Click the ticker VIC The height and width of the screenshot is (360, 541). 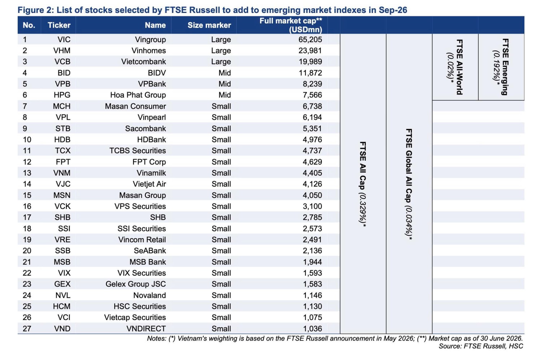[x=64, y=39]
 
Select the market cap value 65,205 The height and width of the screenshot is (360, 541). [x=310, y=39]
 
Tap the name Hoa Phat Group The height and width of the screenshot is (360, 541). [x=138, y=95]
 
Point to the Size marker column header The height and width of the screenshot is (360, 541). [x=209, y=25]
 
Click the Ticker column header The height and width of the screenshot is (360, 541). [x=59, y=25]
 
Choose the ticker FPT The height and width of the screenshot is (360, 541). [x=63, y=162]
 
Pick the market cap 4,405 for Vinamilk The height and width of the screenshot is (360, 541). [x=312, y=173]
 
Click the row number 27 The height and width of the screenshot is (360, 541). [x=27, y=329]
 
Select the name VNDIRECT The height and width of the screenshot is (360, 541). [x=146, y=329]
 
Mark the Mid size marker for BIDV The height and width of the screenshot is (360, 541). [x=225, y=73]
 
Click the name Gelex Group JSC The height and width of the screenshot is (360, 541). [x=136, y=284]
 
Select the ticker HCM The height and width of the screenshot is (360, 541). [x=62, y=306]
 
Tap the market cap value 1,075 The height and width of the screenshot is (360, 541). [x=313, y=317]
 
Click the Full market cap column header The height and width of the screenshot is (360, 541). [x=291, y=25]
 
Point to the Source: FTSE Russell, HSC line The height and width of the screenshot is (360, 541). [x=481, y=346]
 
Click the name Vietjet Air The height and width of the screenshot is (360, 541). [x=149, y=184]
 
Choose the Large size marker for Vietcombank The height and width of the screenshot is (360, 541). [x=221, y=62]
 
